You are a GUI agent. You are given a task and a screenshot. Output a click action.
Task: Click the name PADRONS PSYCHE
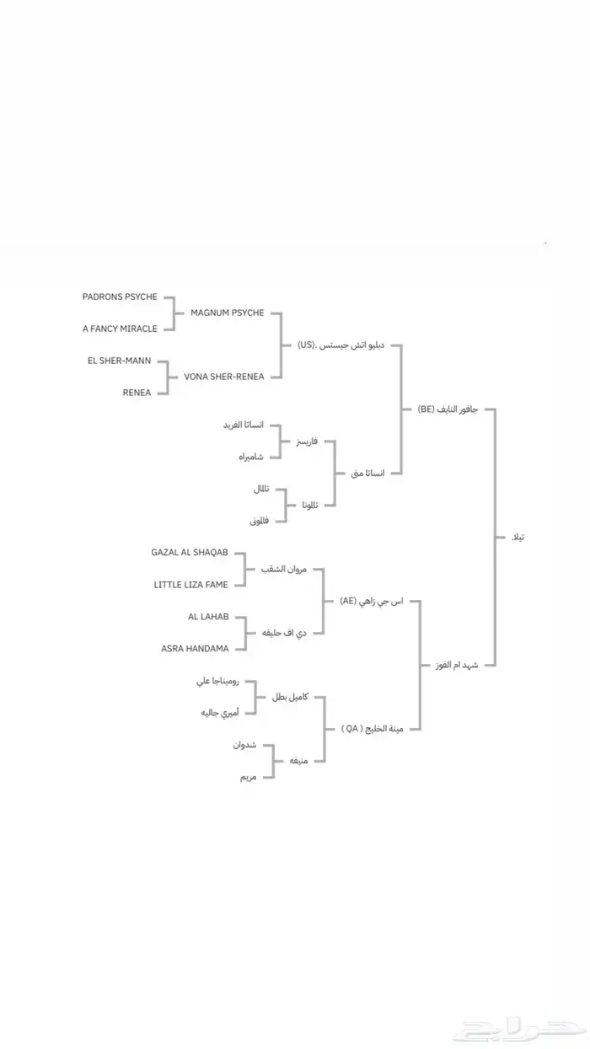tap(120, 297)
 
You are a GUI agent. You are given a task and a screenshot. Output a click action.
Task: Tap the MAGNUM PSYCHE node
tap(227, 313)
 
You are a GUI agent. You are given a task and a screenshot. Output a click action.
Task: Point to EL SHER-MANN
tap(119, 361)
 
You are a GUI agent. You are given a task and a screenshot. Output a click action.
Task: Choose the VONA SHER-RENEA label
tap(223, 377)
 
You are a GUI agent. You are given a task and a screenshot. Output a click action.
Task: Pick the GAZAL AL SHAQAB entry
tap(190, 553)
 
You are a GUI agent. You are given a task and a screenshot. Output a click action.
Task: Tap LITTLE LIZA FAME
tap(190, 584)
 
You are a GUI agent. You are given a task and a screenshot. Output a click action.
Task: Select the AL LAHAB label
tap(208, 617)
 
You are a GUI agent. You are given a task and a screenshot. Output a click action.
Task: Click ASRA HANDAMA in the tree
tap(195, 648)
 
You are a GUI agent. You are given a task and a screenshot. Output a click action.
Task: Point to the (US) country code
tap(306, 345)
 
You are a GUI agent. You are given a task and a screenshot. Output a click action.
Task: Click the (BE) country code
tap(426, 409)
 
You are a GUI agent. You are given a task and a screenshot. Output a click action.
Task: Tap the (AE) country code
tap(348, 601)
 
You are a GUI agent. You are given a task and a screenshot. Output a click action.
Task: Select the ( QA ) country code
tap(351, 729)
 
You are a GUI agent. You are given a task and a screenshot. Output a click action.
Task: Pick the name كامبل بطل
tap(290, 697)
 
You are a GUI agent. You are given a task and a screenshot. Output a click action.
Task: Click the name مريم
tap(247, 776)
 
